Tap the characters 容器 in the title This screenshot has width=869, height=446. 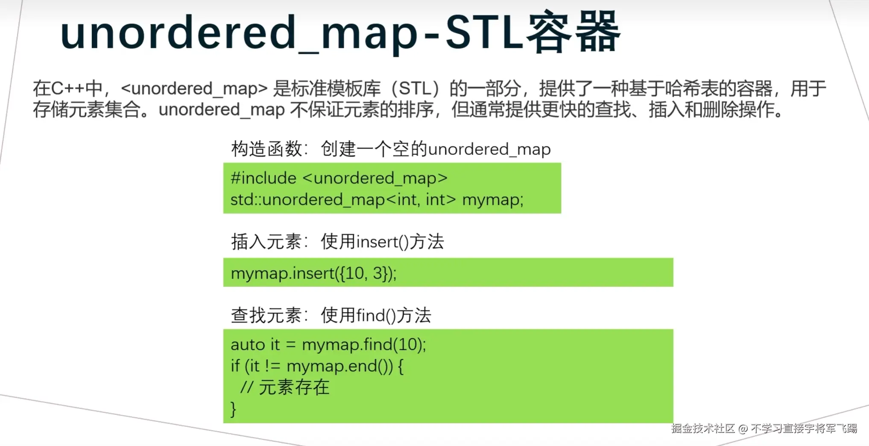[573, 32]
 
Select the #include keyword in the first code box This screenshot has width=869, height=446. [263, 178]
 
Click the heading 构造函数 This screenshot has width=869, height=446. [267, 149]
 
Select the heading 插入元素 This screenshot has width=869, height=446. [267, 242]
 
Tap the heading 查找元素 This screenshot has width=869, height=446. [267, 316]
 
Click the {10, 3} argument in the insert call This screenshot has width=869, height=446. [363, 273]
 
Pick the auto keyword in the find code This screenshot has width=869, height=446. [248, 345]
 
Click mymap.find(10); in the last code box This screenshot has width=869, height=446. [364, 345]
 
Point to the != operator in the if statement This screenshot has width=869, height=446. [272, 366]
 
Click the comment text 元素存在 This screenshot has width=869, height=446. [294, 388]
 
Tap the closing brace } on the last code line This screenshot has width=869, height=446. [233, 409]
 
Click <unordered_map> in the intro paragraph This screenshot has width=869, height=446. [194, 89]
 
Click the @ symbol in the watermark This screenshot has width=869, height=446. [743, 429]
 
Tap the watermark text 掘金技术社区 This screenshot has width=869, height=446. [703, 429]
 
